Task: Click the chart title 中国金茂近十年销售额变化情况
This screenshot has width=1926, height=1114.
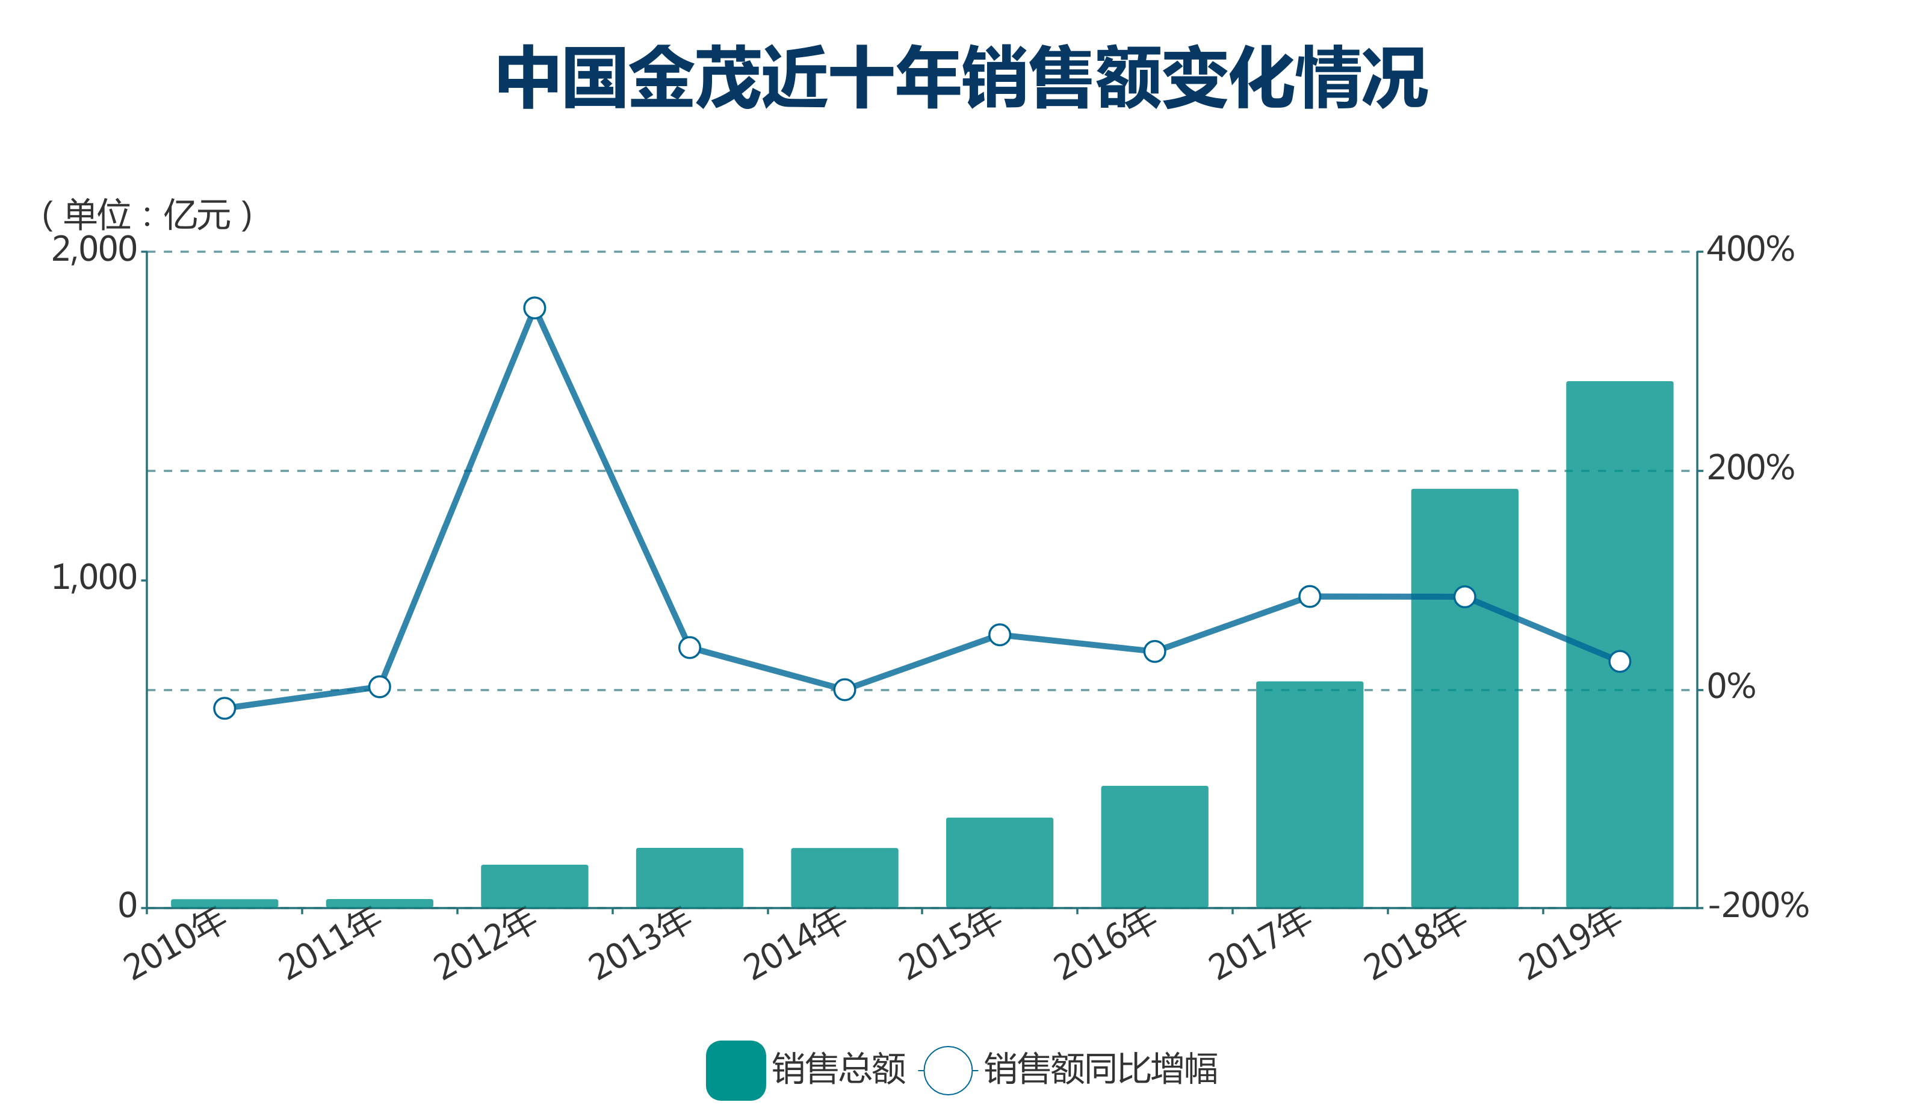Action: click(x=961, y=77)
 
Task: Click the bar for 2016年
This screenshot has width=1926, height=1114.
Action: click(x=1154, y=847)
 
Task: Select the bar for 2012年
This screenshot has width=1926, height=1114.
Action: click(x=534, y=886)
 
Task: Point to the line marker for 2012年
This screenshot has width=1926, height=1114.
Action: click(x=534, y=308)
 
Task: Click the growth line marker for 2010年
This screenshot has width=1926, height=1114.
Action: click(x=224, y=708)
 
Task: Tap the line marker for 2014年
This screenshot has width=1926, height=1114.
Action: click(x=844, y=689)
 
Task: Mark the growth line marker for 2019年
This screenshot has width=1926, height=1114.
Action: click(x=1620, y=661)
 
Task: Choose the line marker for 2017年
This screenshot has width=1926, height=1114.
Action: click(x=1309, y=596)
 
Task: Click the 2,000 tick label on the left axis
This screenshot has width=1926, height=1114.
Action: click(x=93, y=250)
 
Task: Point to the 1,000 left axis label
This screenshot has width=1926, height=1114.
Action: click(x=93, y=578)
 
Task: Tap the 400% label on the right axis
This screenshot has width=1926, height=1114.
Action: click(x=1750, y=250)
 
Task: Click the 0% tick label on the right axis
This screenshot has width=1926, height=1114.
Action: click(x=1731, y=687)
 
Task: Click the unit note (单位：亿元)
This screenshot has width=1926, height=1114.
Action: click(x=147, y=215)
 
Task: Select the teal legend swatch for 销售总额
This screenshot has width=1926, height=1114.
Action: click(x=735, y=1071)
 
